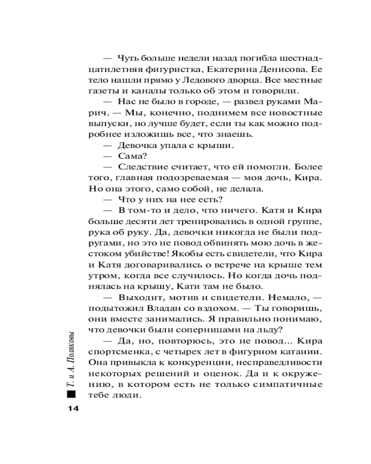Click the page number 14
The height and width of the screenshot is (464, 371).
(73, 408)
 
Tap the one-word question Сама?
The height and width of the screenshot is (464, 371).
(131, 156)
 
